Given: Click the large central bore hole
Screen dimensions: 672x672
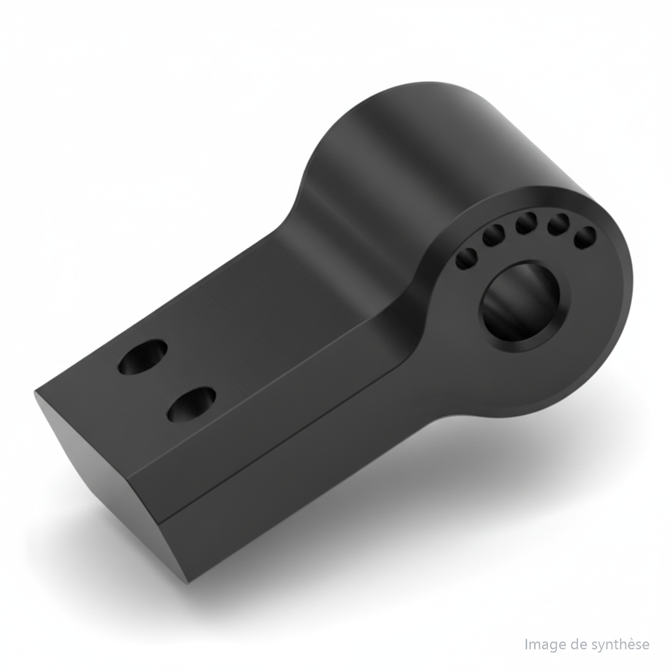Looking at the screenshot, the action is pos(520,302).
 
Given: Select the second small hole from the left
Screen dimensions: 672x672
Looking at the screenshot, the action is pos(493,236).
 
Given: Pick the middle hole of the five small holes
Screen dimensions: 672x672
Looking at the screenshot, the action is pos(527,223).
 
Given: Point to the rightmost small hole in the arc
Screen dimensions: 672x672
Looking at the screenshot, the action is pos(585,238).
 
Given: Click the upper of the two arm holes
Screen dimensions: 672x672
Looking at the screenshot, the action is pos(143,357).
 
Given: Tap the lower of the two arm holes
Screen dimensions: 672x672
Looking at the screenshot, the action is pos(191,404).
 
